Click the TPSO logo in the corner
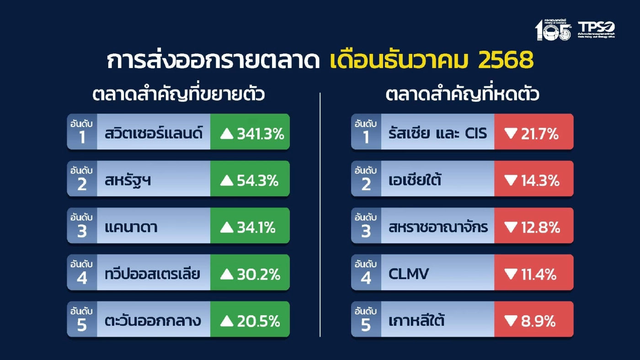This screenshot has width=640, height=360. pos(596,29)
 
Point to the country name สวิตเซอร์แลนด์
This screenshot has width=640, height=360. pos(154,134)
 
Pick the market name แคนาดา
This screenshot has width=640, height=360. pos(131,228)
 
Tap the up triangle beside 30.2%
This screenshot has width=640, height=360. pos(227,275)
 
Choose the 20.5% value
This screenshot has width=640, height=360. pos(258,321)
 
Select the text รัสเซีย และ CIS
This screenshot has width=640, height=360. pos(438,134)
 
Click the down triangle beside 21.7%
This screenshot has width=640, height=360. pos(511,134)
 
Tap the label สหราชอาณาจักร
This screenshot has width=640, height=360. pos(438,228)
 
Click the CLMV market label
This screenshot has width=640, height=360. pos(409,275)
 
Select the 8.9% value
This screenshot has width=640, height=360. pos(539,321)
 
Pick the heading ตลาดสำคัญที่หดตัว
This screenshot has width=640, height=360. pos(462,95)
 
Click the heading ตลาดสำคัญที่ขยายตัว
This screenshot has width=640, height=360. pos(179,95)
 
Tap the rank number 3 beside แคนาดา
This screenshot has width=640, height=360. pos(82,232)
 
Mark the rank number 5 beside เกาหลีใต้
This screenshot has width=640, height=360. pos(366,325)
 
